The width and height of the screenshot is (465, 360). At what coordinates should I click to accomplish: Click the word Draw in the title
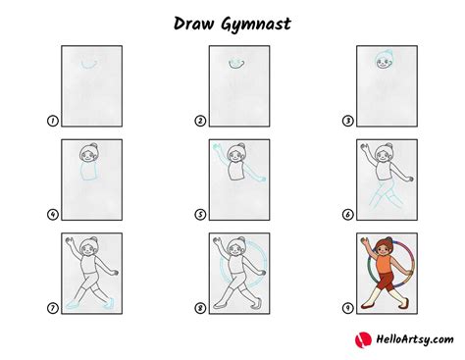(x=194, y=24)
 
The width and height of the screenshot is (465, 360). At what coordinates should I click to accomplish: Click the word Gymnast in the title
(x=256, y=25)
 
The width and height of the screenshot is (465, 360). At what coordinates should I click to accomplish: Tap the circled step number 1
(x=52, y=121)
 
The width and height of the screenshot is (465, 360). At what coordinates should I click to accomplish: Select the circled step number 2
(x=200, y=121)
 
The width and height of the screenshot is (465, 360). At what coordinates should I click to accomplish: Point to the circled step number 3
(x=347, y=121)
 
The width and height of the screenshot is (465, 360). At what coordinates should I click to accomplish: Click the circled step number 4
(x=52, y=215)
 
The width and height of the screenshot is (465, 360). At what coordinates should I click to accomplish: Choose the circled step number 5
(x=200, y=215)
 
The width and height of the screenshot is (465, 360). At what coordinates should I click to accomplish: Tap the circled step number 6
(x=347, y=215)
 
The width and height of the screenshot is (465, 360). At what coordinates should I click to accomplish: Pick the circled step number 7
(x=52, y=308)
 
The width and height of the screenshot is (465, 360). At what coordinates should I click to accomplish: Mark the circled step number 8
(x=200, y=308)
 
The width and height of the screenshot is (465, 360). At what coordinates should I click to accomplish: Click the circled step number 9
(x=347, y=308)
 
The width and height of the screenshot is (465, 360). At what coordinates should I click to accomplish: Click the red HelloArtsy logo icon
(x=363, y=339)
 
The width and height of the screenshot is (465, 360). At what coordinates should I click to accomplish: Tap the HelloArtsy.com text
(x=415, y=339)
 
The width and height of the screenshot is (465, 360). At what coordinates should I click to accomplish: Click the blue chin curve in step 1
(x=89, y=68)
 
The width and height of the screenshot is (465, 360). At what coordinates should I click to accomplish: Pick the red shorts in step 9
(x=387, y=283)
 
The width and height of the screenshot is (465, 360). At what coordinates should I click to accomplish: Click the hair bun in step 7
(x=94, y=239)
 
